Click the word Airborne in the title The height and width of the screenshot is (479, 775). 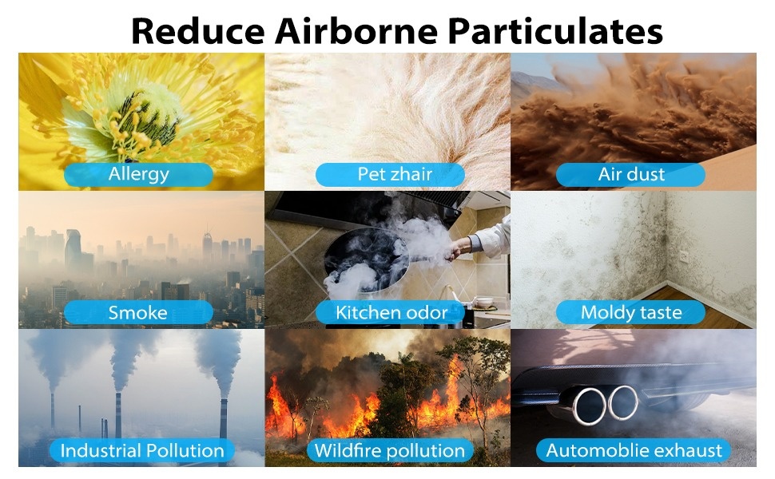coord(356,30)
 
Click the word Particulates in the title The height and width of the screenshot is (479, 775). coord(555,32)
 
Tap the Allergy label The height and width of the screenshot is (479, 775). coord(138,174)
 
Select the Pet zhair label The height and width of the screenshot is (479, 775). coord(390,174)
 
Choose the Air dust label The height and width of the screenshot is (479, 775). coord(630,174)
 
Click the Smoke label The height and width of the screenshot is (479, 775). coord(138,313)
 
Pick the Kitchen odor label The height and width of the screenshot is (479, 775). coord(390,313)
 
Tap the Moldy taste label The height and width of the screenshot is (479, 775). coord(630,313)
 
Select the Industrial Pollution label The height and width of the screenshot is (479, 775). coord(142,450)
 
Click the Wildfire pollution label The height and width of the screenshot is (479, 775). coord(390,450)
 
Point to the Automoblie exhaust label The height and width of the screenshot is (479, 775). coord(634,450)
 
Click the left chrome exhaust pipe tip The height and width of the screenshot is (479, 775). coord(589,406)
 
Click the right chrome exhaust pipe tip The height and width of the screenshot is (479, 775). coord(622,402)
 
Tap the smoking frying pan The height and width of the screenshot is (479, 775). coord(366,262)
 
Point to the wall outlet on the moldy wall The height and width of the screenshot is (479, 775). coord(684,256)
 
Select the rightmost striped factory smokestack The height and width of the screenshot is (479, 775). coord(224,419)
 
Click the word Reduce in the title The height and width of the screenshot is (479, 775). coord(198,30)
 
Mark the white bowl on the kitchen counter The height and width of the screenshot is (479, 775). coord(485,302)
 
